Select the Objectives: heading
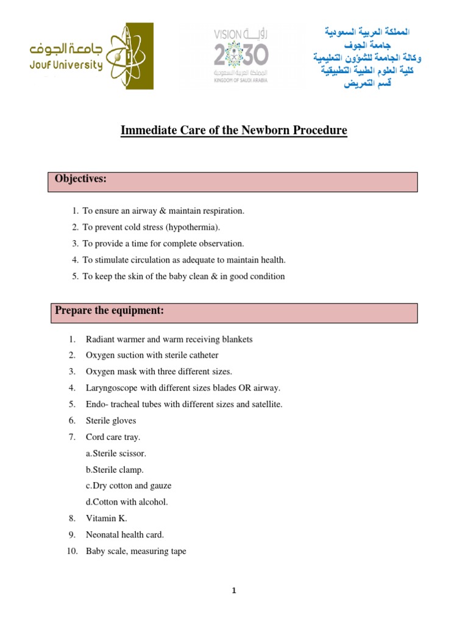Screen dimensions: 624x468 [x=80, y=179]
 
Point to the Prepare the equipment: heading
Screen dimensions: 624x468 [x=109, y=311]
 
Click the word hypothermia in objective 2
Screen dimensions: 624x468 [x=193, y=227]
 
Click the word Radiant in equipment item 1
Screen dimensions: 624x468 [x=99, y=339]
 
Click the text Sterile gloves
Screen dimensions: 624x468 [x=111, y=420]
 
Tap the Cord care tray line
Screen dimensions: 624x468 [x=113, y=437]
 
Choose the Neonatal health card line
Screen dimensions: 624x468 [x=125, y=535]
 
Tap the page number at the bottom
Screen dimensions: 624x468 [x=234, y=590]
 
